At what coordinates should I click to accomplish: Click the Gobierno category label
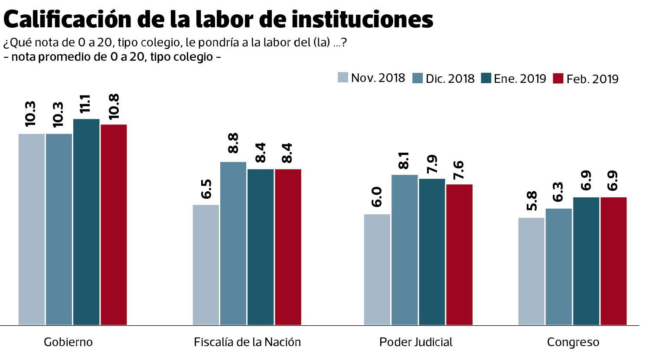[x=68, y=342]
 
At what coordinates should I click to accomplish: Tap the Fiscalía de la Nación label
[x=247, y=342]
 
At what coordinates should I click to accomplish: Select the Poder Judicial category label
[x=415, y=342]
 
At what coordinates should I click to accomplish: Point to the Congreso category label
[x=573, y=342]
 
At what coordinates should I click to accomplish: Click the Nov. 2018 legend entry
[x=372, y=78]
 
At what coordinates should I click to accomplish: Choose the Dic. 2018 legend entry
[x=444, y=79]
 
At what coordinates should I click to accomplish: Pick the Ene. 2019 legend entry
[x=514, y=79]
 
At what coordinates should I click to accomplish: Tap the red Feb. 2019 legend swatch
[x=558, y=79]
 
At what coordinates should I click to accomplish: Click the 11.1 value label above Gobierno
[x=86, y=106]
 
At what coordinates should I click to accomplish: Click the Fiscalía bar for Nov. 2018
[x=206, y=265]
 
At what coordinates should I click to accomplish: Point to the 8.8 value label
[x=233, y=143]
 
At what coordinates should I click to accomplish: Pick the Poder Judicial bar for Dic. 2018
[x=404, y=249]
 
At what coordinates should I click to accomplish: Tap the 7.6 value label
[x=459, y=170]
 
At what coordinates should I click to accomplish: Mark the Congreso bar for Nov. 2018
[x=531, y=271]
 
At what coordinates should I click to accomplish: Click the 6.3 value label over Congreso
[x=558, y=192]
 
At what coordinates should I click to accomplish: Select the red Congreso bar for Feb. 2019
[x=613, y=261]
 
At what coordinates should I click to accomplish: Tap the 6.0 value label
[x=377, y=197]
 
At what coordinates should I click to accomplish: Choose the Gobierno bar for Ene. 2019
[x=86, y=222]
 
